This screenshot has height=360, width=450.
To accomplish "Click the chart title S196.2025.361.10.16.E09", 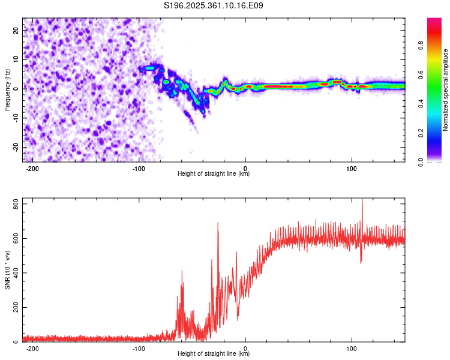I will click(x=214, y=5).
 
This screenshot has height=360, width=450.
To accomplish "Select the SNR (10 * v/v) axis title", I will click(x=7, y=270).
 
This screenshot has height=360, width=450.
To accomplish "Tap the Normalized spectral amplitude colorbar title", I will click(x=445, y=90).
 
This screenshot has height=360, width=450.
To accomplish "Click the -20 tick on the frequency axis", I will click(x=16, y=147).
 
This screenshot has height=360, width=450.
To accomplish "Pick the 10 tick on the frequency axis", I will click(x=17, y=59).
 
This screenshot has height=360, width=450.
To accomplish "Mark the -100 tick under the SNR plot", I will click(x=139, y=348).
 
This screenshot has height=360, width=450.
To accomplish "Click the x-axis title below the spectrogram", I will click(x=214, y=174).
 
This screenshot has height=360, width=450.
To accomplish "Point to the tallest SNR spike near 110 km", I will click(x=362, y=200).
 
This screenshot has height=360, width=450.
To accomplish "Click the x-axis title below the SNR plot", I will click(x=214, y=354).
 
